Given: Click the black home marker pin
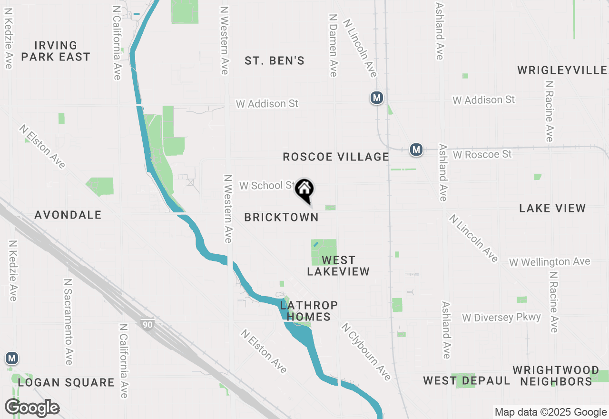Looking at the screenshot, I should click(304, 189).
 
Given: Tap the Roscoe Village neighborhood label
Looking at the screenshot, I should click(335, 157).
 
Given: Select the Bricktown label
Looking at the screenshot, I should click(281, 217).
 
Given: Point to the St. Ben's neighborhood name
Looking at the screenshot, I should click(275, 61).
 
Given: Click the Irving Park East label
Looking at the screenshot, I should click(55, 51).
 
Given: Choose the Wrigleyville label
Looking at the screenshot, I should click(562, 70).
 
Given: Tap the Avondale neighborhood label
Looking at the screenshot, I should click(68, 215).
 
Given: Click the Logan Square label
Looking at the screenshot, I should click(66, 382).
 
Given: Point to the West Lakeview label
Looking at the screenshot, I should click(338, 266).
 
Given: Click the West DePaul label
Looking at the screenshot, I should click(466, 381).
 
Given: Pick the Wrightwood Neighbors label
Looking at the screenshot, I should click(556, 376).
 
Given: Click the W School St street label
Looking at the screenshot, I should click(267, 185).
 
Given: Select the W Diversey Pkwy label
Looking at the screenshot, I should click(501, 318).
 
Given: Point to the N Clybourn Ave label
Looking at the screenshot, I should click(366, 352).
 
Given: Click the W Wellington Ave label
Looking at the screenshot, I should click(550, 262).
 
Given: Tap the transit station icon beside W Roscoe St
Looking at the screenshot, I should click(416, 150).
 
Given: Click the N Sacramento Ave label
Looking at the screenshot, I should click(68, 322).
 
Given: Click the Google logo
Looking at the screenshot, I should click(32, 408).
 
